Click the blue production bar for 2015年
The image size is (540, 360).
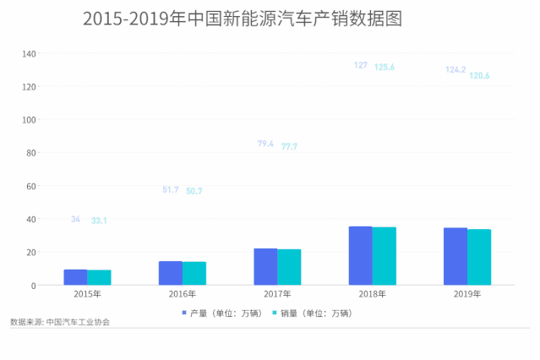pos(75,277)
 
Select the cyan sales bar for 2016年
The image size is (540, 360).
pos(194,274)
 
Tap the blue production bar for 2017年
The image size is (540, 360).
pos(265,267)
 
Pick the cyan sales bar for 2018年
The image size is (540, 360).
pos(385,256)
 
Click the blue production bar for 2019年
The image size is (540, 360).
pos(455,257)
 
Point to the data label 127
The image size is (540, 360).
pos(361,65)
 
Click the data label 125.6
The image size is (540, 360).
pos(385,67)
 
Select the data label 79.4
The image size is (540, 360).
pos(265,145)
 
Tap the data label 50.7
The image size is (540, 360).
pos(194,191)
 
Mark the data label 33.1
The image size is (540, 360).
pos(99,221)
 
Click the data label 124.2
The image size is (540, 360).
pos(455,70)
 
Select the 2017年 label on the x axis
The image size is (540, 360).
pos(277,295)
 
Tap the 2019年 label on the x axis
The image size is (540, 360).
pos(467,295)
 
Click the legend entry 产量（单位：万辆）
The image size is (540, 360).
pos(222,313)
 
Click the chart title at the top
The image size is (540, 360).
pos(243,19)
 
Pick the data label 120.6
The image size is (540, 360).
pos(480,76)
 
